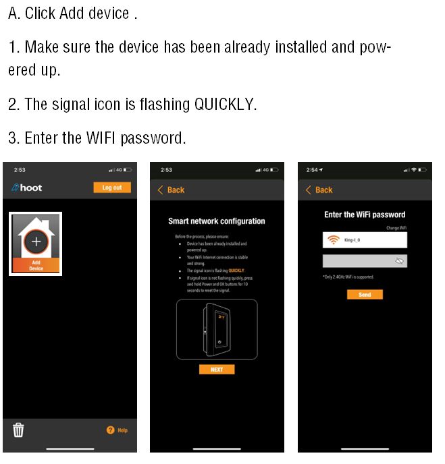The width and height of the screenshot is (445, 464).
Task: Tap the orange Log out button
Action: pos(111,187)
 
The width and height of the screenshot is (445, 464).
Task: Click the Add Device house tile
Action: pos(36,243)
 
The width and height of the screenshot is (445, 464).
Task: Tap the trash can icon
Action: pos(18,429)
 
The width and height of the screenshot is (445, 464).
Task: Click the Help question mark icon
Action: pos(111,430)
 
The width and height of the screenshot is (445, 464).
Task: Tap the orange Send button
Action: pos(365,295)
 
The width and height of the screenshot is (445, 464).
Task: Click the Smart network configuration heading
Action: pos(216,221)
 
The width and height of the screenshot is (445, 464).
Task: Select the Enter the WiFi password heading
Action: pos(365,215)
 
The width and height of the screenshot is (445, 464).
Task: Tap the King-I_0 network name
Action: pos(353,241)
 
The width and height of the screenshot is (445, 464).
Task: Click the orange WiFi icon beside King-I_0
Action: pos(333,241)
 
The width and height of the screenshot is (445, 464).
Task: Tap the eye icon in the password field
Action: pos(399,260)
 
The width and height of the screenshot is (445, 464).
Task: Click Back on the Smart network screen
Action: pos(171,190)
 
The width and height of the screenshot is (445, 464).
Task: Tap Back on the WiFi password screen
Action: pos(319,190)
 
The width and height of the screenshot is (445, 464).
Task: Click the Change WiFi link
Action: pos(396,228)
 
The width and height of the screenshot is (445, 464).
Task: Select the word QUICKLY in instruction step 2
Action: pos(225,105)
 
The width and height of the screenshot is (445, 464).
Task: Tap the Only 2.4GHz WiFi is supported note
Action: pos(348,277)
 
